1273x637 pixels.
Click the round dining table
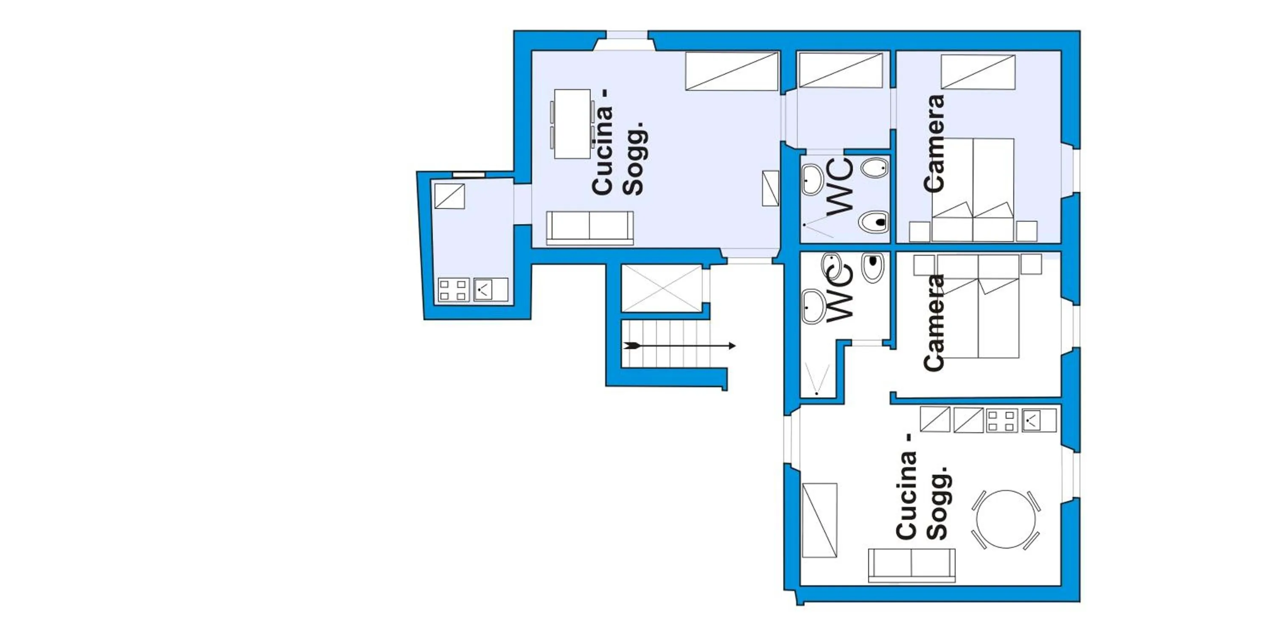point(1006,519)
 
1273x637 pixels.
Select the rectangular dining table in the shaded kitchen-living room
point(572,124)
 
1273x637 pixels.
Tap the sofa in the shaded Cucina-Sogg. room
point(589,228)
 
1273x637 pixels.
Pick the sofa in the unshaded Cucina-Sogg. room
point(911,565)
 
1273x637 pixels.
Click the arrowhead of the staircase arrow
point(732,346)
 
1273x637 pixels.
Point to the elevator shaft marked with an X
point(662,288)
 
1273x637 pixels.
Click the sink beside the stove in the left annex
point(490,290)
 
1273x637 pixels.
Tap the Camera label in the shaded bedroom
point(934,144)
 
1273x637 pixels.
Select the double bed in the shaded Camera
point(973,190)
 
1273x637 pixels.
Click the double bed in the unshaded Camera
point(978,306)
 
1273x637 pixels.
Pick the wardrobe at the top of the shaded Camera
point(978,72)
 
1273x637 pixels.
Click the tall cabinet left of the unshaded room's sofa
point(819,520)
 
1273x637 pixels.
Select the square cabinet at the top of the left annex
point(449,196)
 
